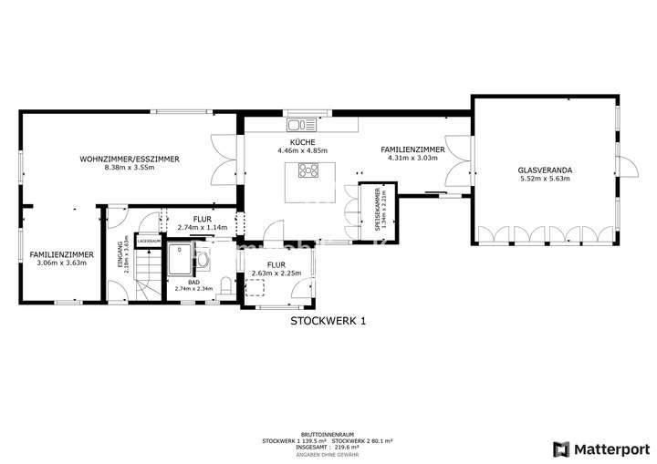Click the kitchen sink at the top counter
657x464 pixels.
[x=301, y=124]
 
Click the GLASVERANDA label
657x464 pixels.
[x=544, y=169]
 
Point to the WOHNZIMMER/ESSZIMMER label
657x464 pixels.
[x=129, y=159]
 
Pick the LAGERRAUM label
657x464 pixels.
[x=148, y=241]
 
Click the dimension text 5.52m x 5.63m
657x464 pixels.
[x=544, y=179]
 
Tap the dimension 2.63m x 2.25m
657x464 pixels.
[x=276, y=272]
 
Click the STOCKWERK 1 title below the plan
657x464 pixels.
[x=328, y=321]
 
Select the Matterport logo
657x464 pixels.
[x=600, y=448]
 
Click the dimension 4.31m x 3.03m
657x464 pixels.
[x=412, y=158]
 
